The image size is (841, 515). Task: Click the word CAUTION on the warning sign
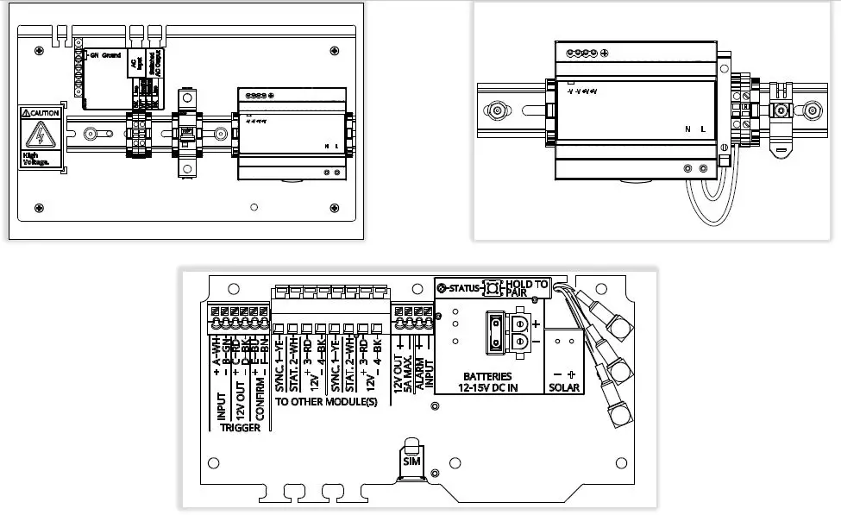click(45, 113)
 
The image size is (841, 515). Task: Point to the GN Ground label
click(106, 55)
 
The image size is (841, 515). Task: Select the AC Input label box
click(135, 65)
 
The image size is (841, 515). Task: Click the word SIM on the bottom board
click(411, 462)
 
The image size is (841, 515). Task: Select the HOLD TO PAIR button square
click(494, 287)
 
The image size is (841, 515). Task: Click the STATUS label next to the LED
click(464, 287)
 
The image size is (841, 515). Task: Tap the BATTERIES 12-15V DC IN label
click(487, 382)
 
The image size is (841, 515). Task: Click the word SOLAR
click(565, 388)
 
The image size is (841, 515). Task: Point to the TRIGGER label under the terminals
click(239, 428)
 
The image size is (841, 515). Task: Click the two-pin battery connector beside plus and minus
click(519, 333)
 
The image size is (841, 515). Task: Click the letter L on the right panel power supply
click(703, 129)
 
